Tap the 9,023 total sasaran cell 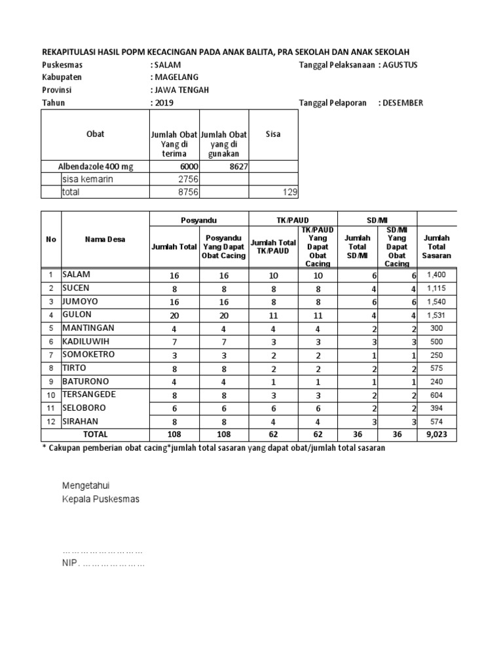coord(437,434)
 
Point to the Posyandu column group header coord(198,220)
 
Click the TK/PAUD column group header coord(292,220)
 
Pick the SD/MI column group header coord(377,220)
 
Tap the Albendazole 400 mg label coord(96,166)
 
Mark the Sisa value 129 coord(289,192)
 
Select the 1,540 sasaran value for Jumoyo coord(437,301)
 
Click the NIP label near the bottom coord(70,564)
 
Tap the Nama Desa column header coord(104,239)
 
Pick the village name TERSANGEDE coord(89,394)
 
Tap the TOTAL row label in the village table coord(95,434)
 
